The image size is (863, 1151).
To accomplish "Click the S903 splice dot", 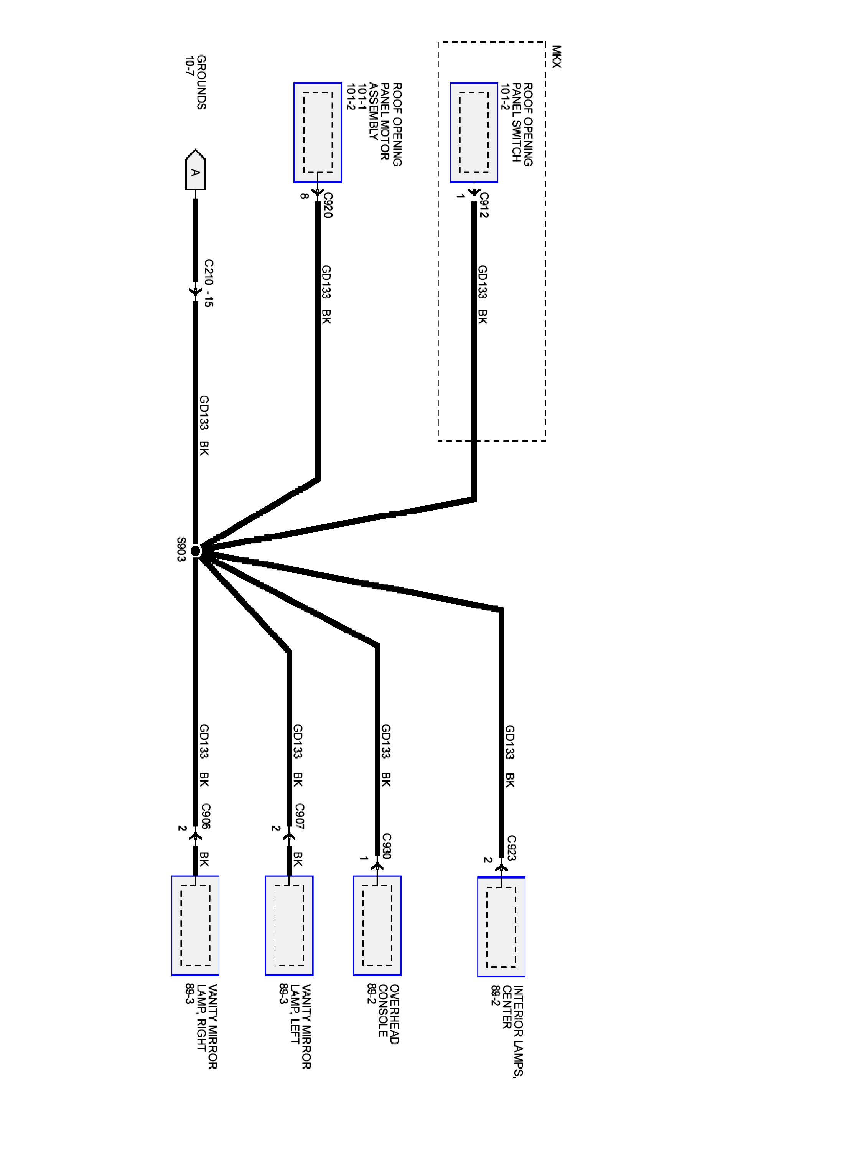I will pyautogui.click(x=196, y=551).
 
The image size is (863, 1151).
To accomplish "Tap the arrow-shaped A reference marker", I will pyautogui.click(x=195, y=170).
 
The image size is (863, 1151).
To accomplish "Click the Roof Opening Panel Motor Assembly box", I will pyautogui.click(x=317, y=133).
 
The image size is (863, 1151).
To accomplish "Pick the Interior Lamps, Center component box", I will pyautogui.click(x=501, y=927).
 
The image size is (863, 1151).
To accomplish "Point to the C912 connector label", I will pyautogui.click(x=484, y=205).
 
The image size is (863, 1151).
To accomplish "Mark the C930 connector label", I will pyautogui.click(x=387, y=846).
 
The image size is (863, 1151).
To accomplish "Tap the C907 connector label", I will pyautogui.click(x=299, y=816).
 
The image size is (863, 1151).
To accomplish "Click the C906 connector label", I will pyautogui.click(x=206, y=816).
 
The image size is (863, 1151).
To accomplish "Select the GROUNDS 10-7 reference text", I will pyautogui.click(x=195, y=82).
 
